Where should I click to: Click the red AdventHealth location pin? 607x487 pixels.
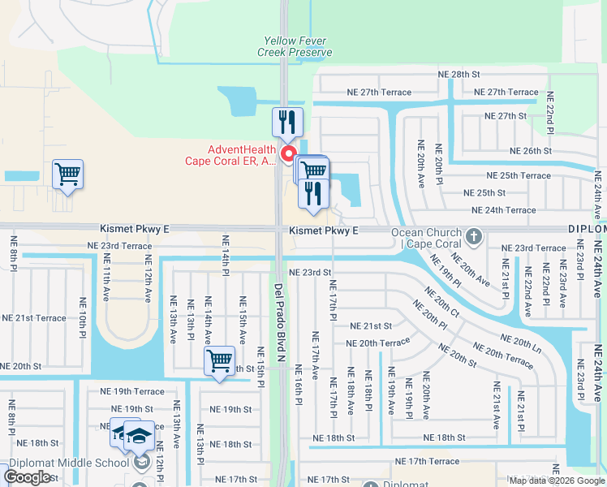click(x=287, y=154)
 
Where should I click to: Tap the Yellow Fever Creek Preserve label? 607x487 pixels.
click(x=295, y=46)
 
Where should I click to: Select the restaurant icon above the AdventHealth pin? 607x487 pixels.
click(x=287, y=123)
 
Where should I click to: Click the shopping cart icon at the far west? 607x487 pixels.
click(x=67, y=174)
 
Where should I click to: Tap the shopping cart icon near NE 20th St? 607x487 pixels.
click(x=220, y=361)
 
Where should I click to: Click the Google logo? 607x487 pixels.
click(x=27, y=477)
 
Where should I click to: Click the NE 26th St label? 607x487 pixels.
click(x=531, y=151)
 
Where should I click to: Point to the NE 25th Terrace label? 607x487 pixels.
click(x=518, y=175)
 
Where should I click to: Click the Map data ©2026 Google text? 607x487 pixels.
click(x=556, y=480)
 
